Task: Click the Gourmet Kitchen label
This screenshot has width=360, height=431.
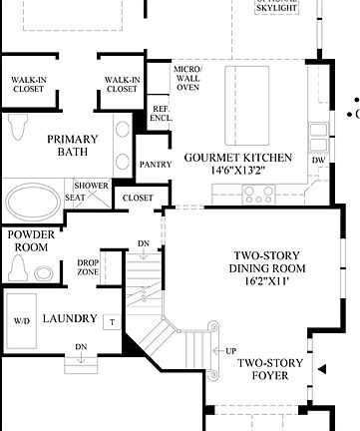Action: (237, 158)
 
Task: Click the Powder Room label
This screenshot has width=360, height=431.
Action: (30, 239)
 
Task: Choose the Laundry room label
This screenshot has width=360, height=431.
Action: (70, 319)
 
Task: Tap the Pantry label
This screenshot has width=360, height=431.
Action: (156, 165)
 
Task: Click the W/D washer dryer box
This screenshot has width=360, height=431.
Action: (22, 321)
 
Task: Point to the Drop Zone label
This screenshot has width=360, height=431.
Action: (88, 267)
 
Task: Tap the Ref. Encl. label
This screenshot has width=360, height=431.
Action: (161, 114)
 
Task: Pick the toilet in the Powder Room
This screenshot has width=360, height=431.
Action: (20, 266)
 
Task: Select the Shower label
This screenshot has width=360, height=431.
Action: (91, 186)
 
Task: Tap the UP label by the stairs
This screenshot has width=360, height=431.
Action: (231, 351)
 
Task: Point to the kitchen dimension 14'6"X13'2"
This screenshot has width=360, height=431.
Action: (237, 172)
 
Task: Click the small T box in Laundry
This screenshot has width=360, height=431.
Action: (113, 321)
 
